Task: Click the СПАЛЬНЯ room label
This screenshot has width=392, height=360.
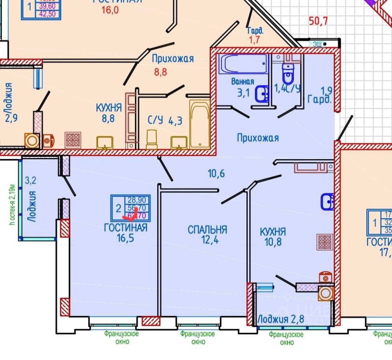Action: [x=207, y=229]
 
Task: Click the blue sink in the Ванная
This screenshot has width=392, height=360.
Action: [x=262, y=94]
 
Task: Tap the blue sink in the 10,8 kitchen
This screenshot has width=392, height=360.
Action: [x=327, y=201]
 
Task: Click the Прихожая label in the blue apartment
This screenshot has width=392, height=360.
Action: [x=258, y=138]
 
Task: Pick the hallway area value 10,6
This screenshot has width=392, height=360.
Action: [x=216, y=173]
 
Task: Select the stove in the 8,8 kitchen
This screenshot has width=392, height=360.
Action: [x=73, y=140]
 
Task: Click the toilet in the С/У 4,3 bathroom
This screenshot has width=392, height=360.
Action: [x=152, y=139]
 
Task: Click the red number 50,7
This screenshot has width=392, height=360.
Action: [x=318, y=21]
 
